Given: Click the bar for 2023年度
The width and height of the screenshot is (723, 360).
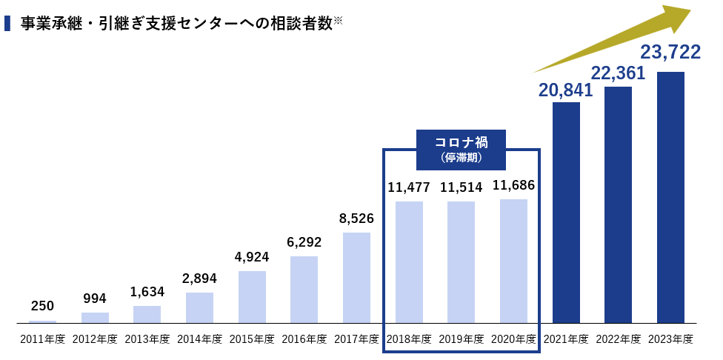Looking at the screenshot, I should pos(670,197).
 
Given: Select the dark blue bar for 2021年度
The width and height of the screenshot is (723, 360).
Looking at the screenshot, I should pos(566,213).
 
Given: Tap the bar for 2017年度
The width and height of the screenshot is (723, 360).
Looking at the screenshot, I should pos(356,278).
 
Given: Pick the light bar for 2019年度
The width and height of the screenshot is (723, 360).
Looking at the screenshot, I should pos(461,262).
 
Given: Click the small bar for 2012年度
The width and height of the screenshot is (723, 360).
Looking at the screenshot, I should pos(95,318).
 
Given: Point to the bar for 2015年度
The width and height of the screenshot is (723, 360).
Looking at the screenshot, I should pos(252,297).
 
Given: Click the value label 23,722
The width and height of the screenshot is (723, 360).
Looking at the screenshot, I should pos(670,53).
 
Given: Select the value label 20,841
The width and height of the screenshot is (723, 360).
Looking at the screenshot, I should pos(566,90).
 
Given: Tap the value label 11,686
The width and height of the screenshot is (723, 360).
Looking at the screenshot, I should pos(513,185).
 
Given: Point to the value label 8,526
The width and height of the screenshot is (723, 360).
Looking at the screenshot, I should pos(356,219).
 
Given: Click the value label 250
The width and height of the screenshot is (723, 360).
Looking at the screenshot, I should pos(42,306).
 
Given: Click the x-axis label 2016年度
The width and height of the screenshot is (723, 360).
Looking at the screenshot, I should pos(304,339).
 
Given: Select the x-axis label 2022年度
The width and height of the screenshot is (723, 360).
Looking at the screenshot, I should pos(618,339).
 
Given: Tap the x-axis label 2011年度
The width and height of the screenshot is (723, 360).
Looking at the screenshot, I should pos(42,339).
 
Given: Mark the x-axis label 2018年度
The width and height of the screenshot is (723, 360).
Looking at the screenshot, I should pos(409,339).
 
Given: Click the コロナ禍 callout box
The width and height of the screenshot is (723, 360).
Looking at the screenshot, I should pos(461,148).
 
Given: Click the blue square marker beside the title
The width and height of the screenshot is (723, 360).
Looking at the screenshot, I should pos(7,24).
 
